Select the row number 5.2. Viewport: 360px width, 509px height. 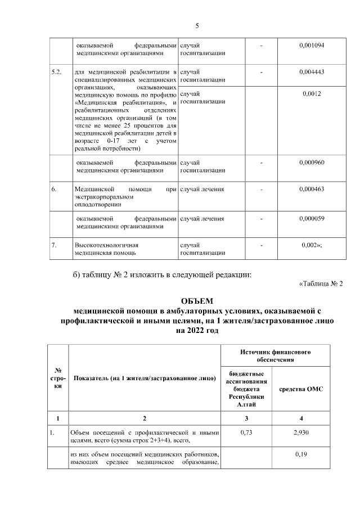pyautogui.click(x=57, y=73)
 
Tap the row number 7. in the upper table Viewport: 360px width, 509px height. pyautogui.click(x=55, y=246)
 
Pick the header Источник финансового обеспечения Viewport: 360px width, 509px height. pyautogui.click(x=276, y=355)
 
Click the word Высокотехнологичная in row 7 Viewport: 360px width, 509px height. pyautogui.click(x=107, y=246)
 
